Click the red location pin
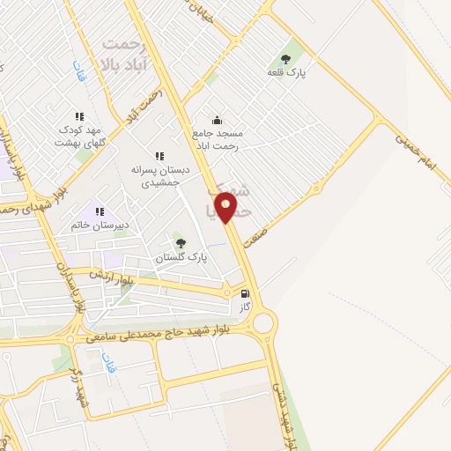coord(226,207)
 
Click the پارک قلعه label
coord(287,72)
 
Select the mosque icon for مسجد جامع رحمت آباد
coord(217,121)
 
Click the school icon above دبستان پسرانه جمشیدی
coord(159,156)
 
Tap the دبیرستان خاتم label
coord(100,225)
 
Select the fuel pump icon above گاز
coord(244,293)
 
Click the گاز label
coord(245,307)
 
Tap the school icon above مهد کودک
coord(79,116)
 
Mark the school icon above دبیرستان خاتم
coord(100,211)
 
